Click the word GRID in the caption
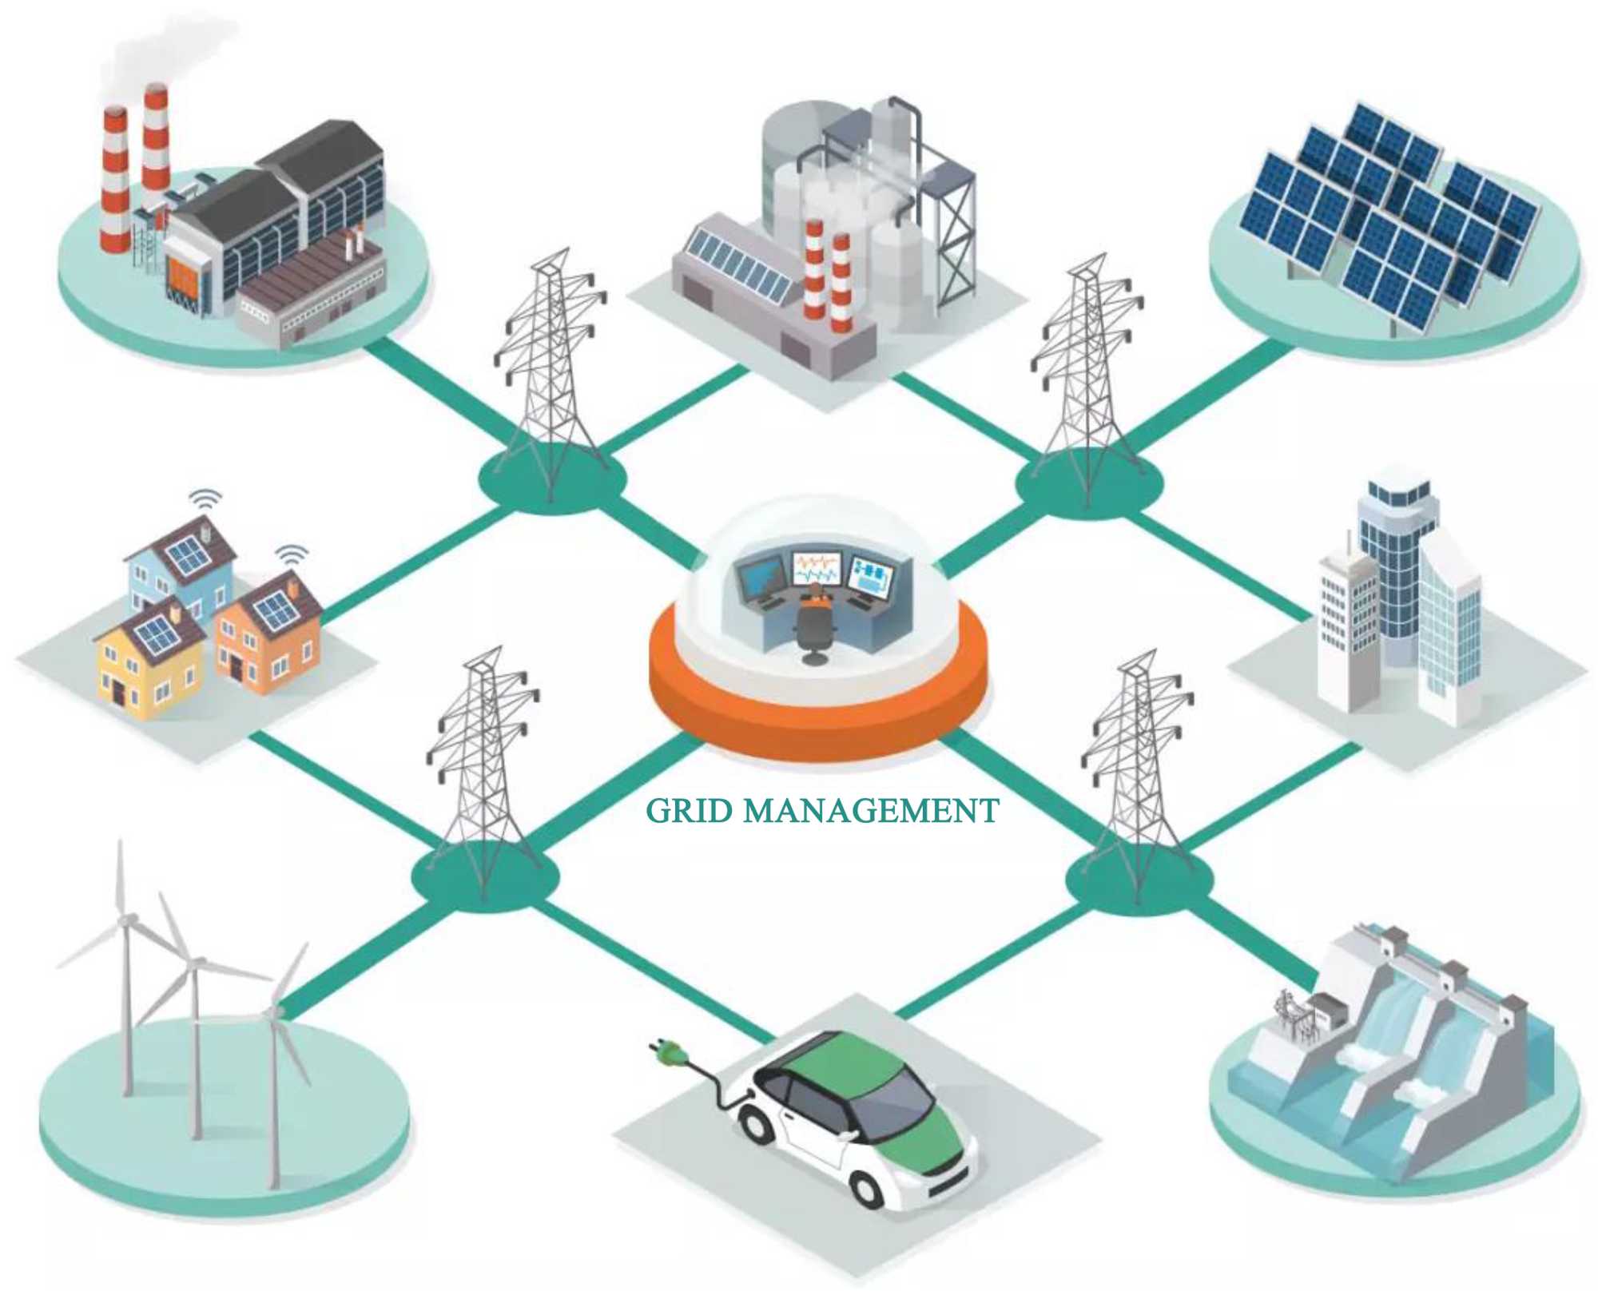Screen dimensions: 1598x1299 point(689,812)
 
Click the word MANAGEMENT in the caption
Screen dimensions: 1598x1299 point(871,812)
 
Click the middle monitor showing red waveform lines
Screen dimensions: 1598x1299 point(816,568)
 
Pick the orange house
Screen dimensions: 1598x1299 point(268,639)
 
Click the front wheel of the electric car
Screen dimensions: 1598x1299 point(866,1187)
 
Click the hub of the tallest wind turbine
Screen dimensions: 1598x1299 point(124,921)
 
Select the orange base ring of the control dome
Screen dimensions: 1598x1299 point(819,719)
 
